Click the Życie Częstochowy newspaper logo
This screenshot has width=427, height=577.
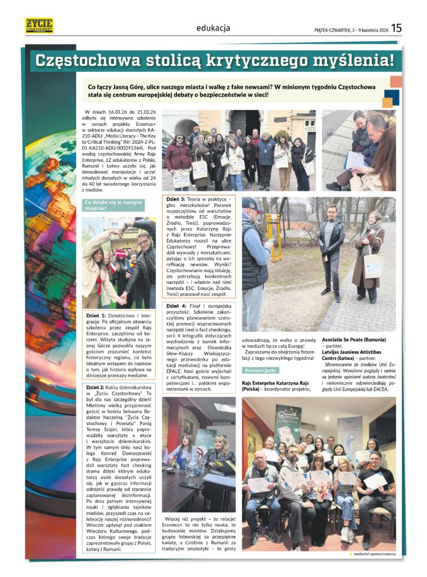(39, 25)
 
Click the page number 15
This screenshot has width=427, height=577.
(397, 27)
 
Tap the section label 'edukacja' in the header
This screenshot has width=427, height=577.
(213, 28)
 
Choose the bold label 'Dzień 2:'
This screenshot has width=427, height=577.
(96, 388)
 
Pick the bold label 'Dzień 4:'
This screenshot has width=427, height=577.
(176, 305)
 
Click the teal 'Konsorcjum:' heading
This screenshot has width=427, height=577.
(260, 370)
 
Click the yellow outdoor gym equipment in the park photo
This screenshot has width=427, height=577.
(273, 237)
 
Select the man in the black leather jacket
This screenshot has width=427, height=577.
(330, 248)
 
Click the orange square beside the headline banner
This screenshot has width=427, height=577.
(396, 81)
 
